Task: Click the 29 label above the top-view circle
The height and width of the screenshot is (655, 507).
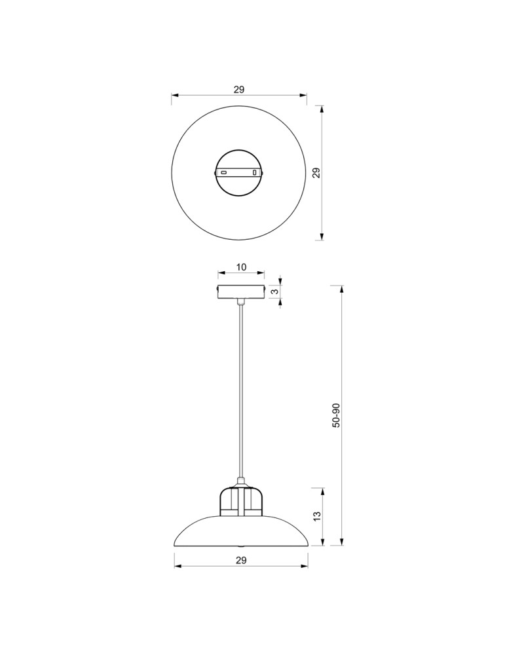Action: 239,90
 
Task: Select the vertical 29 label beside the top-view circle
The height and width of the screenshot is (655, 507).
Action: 316,173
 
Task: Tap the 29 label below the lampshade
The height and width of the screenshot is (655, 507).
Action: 240,560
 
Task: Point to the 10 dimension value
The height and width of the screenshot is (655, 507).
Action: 241,267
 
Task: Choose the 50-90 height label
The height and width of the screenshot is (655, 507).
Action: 336,415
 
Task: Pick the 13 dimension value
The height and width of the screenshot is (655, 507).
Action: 317,516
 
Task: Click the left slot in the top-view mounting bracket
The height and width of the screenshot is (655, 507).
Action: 224,172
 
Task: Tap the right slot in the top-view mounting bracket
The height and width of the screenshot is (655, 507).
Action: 255,173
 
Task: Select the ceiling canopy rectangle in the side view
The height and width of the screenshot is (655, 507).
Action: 241,291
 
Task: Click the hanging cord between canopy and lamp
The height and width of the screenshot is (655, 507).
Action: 241,393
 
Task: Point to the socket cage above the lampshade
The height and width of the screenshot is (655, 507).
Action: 241,501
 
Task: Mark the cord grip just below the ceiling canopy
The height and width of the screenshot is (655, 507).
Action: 241,302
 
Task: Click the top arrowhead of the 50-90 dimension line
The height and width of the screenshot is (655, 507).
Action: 342,289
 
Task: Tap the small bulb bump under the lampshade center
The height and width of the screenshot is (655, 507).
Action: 241,546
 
